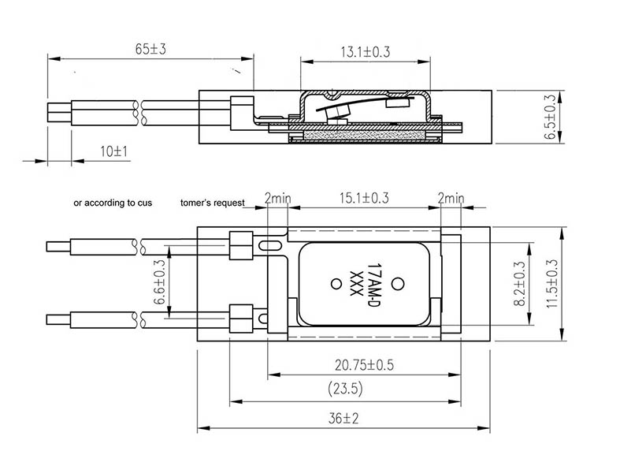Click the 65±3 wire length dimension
(x=150, y=49)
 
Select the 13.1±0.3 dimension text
(x=366, y=52)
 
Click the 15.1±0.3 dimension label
(x=362, y=199)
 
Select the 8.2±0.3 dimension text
(x=521, y=284)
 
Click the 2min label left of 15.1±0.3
(x=278, y=199)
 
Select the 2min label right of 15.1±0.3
(x=451, y=199)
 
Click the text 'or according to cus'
(x=113, y=203)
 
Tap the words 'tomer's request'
(x=213, y=203)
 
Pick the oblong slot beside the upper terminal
(x=269, y=246)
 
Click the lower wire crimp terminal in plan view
(x=239, y=315)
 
